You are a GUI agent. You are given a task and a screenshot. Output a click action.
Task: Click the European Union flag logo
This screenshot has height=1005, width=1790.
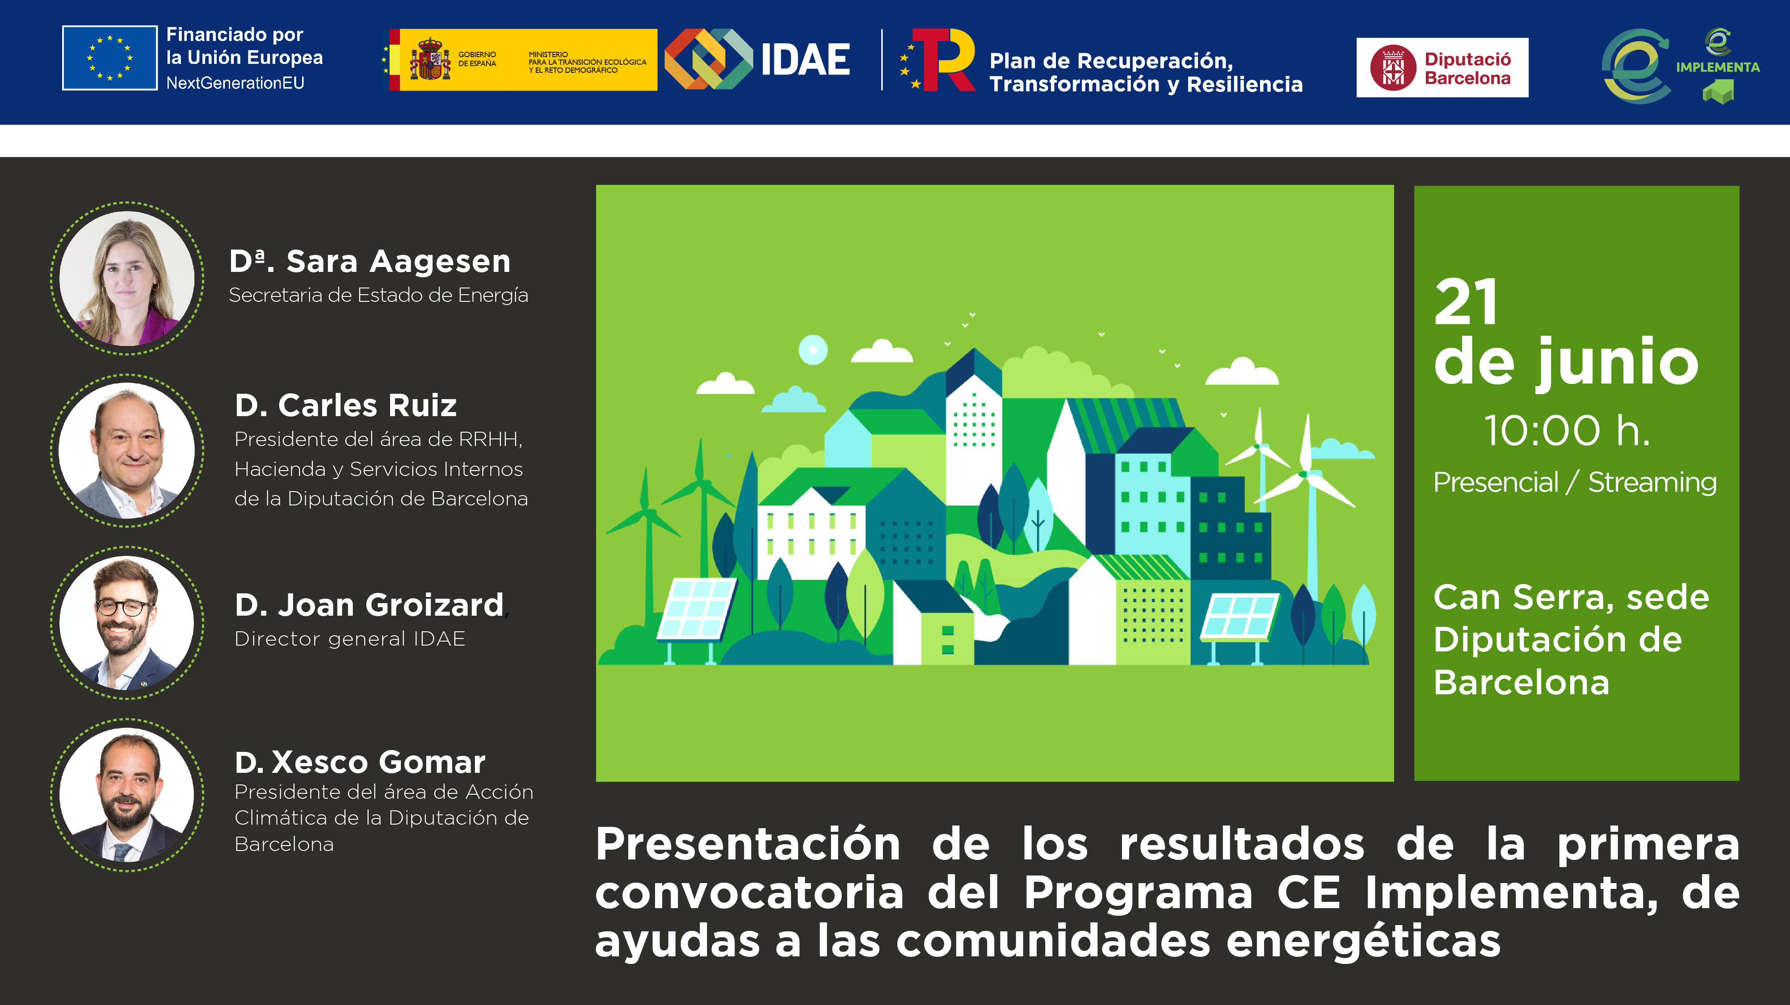click(110, 58)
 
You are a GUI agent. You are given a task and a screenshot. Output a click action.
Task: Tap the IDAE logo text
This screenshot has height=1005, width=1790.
click(805, 60)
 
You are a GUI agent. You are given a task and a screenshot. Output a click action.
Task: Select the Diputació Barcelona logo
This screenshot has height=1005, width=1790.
click(1442, 67)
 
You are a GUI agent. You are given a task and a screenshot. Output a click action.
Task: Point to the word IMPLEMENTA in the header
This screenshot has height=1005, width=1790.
click(1717, 67)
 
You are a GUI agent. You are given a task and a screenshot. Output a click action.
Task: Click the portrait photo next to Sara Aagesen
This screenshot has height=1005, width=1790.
click(127, 279)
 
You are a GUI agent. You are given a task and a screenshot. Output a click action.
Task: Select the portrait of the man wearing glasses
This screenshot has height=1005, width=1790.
click(127, 623)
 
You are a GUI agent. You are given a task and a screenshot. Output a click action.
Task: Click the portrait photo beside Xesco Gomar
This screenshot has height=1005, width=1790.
click(127, 795)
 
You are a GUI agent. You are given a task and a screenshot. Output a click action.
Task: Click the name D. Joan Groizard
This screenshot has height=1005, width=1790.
click(369, 605)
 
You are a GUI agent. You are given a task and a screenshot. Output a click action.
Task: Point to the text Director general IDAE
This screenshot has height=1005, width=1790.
click(349, 639)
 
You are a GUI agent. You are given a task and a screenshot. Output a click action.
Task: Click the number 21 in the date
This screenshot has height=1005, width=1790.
click(1466, 302)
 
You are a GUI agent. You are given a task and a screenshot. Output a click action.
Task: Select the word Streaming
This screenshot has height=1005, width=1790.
click(1652, 483)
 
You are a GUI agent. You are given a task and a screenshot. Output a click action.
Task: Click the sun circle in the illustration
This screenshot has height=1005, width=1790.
click(813, 349)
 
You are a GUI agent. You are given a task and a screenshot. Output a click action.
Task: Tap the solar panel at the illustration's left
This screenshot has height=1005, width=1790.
click(697, 608)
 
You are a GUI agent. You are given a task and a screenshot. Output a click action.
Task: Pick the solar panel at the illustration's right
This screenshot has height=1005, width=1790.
click(1240, 615)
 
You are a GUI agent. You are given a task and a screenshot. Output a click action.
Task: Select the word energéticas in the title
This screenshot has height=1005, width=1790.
click(1363, 942)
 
